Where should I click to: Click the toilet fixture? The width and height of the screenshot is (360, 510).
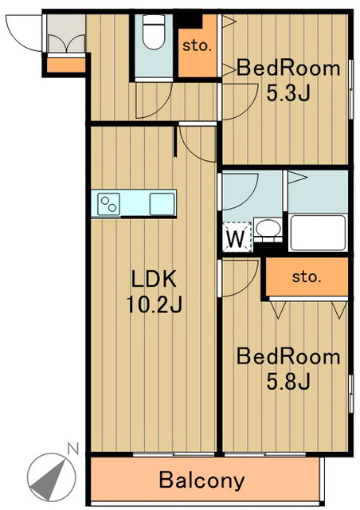(x=154, y=32)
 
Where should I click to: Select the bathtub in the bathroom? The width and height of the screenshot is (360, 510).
(x=318, y=233)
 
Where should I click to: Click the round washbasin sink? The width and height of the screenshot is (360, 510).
(x=268, y=229)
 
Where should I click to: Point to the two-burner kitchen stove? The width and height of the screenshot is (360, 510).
(x=108, y=204)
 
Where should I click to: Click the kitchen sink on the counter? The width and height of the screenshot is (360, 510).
(x=162, y=204)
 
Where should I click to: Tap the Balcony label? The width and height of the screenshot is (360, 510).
(x=202, y=481)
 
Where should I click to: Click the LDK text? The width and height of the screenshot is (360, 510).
(x=154, y=278)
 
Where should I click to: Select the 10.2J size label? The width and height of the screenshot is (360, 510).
(x=154, y=304)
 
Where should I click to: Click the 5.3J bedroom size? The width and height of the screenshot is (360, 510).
(x=288, y=92)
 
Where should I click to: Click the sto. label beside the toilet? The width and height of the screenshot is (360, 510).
(x=197, y=46)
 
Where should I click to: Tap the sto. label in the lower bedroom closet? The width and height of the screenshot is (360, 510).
(x=307, y=277)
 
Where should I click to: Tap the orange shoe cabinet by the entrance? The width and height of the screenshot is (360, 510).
(x=66, y=65)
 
